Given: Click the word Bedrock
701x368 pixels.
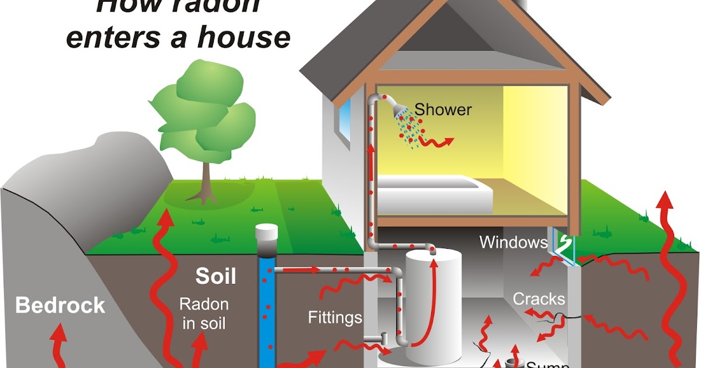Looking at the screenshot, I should (60, 305).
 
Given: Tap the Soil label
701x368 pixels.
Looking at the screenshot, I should (216, 276).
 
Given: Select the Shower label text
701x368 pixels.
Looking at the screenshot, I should (443, 109).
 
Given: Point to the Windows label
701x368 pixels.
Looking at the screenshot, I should (513, 242).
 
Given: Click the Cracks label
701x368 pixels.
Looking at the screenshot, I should (539, 299).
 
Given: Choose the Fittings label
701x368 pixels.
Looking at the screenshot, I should (335, 318).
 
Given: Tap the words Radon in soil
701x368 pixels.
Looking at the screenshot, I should (204, 313).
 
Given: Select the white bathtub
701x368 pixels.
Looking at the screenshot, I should (432, 193).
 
